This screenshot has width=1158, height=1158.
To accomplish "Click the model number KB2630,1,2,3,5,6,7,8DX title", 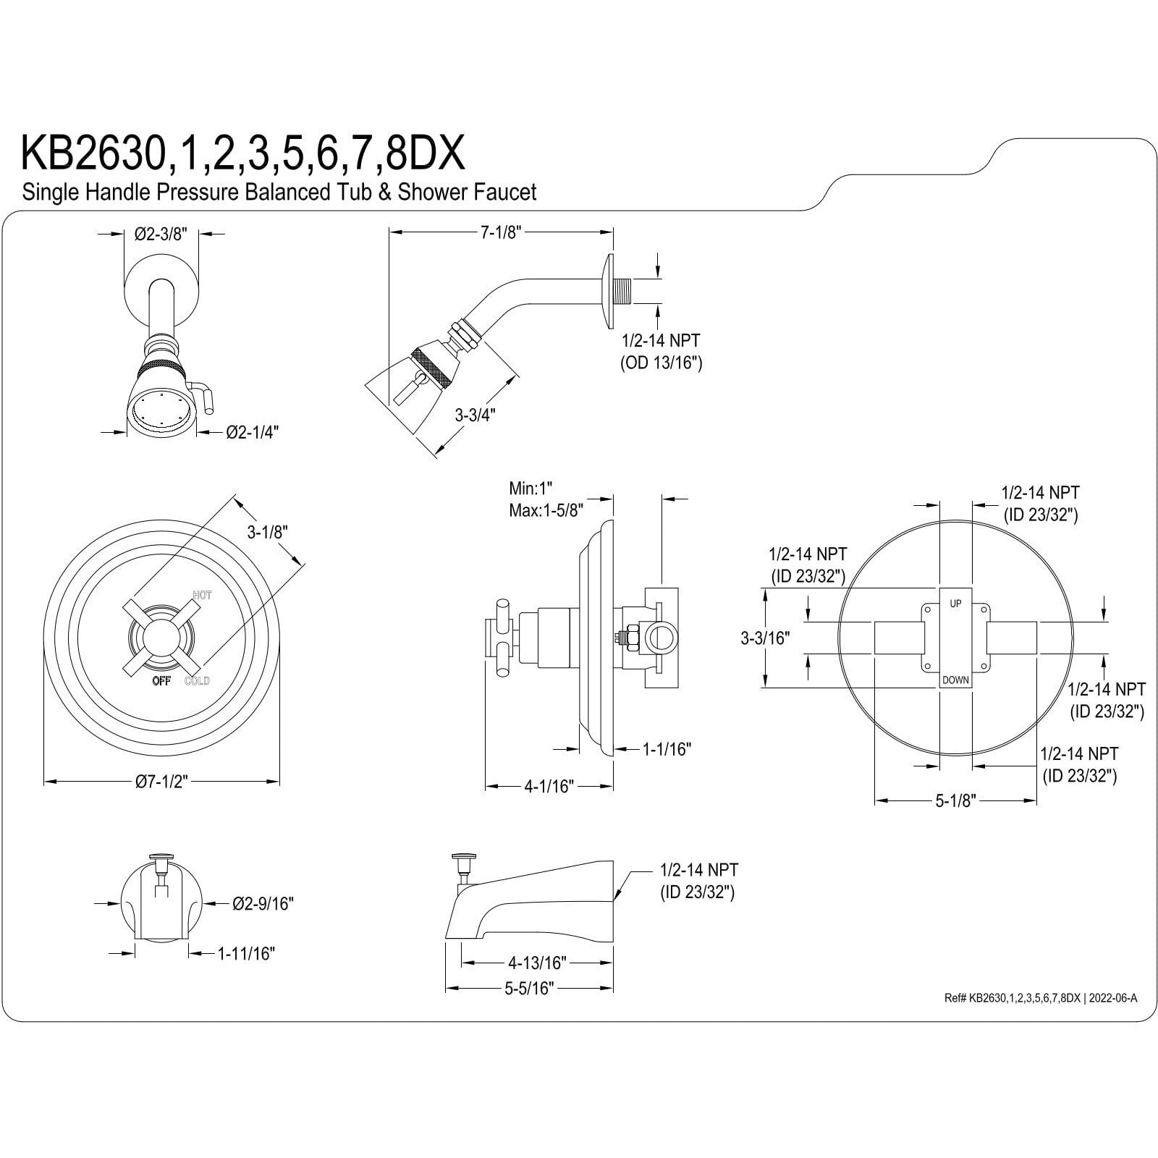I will pos(242,153).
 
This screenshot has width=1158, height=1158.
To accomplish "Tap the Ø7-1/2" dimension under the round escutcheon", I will pos(161,782).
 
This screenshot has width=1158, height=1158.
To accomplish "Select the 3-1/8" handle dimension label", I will pos(267,532).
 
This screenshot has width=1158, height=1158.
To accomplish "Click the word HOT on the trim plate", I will pos(203,595).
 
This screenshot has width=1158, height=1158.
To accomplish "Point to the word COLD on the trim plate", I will pos(197,680).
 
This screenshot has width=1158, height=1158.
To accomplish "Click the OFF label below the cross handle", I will pos(161,680).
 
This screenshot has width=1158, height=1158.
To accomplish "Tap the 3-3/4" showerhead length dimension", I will pos(475,415).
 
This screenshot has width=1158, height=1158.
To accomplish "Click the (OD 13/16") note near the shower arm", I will pos(661,363).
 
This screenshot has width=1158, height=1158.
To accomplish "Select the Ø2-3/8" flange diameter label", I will pos(161,234).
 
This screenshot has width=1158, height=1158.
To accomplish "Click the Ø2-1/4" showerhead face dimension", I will pos(252,432).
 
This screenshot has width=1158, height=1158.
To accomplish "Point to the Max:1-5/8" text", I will pos(546,510).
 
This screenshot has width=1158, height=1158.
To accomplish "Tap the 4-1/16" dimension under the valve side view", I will pos(549,786).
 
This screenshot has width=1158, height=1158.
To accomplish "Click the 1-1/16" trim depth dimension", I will pos(667,749).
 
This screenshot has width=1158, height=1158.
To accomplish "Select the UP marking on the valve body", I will pos(955,603).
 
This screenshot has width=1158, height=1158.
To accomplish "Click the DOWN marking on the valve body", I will pos(955,680).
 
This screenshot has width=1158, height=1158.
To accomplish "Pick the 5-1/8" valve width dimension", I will pos(955,800).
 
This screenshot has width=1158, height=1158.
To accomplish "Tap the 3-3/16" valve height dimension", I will pos(764,638).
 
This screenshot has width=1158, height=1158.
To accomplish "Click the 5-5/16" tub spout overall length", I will pos(529,988).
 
